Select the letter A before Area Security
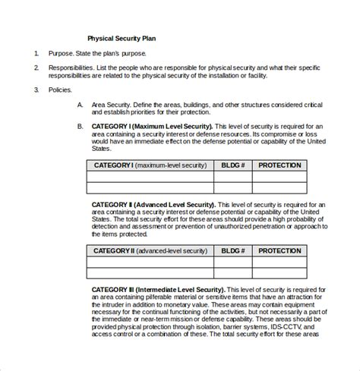pyautogui.click(x=81, y=105)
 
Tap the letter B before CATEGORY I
pyautogui.click(x=81, y=126)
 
